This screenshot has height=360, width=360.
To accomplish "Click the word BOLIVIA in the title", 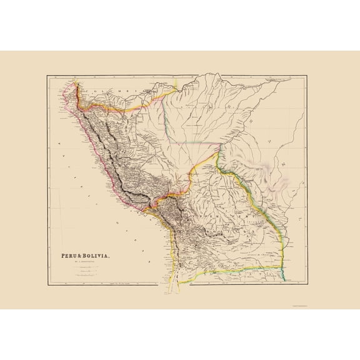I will tap(95, 256).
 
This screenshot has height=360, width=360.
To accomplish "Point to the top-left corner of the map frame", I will tap(47, 76).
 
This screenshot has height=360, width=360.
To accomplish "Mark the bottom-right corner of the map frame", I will tap(307, 285).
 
